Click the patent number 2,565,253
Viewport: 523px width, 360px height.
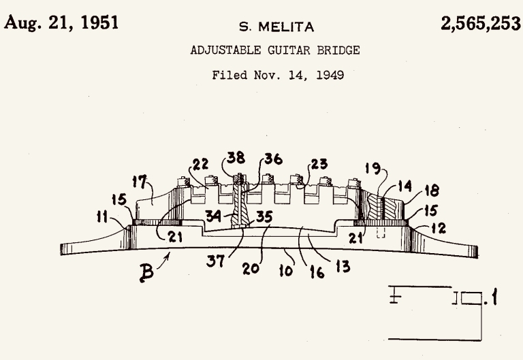tap(481, 23)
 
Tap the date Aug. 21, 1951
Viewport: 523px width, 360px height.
tap(61, 22)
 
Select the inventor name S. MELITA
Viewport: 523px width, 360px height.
tap(276, 27)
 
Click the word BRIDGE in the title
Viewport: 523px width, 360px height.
tap(338, 50)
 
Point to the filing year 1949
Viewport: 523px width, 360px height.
tap(330, 75)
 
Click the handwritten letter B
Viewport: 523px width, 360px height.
tap(146, 273)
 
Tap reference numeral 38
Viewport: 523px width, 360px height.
tap(236, 158)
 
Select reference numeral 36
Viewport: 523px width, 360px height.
tap(274, 159)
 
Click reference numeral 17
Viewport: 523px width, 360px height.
tap(140, 182)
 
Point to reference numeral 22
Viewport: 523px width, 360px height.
tap(200, 164)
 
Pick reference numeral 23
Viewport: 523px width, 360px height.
tap(319, 163)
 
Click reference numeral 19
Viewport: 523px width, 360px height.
tap(373, 168)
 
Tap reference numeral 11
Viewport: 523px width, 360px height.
tap(102, 216)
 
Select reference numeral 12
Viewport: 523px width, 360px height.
tap(439, 228)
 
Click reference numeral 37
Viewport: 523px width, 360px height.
tap(215, 261)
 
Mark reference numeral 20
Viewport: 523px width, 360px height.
tap(251, 268)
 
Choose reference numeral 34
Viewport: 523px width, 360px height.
tap(213, 216)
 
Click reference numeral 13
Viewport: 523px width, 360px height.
tap(343, 267)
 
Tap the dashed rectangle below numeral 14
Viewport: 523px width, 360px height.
tap(381, 233)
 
